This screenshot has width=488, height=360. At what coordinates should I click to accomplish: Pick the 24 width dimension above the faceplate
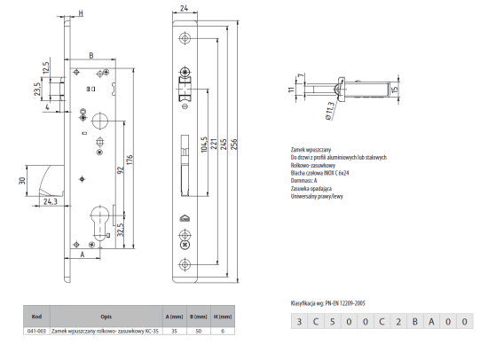coord(185,9)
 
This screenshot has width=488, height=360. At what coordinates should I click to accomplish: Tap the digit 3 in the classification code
coord(301,322)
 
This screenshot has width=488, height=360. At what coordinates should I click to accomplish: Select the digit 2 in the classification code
coord(397,322)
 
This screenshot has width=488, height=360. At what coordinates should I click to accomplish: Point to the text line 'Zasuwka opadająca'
coord(311,188)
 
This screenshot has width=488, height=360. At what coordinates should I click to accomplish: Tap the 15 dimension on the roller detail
coord(395,87)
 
